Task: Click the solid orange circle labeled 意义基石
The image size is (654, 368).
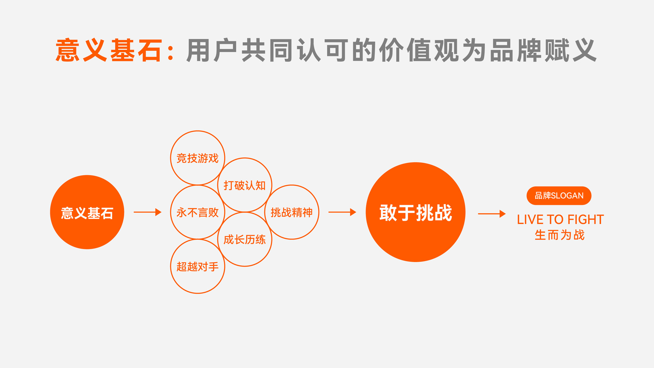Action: pos(87,212)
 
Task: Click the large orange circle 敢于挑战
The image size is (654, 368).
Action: pos(415,212)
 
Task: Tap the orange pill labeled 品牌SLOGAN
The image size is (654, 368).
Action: pos(559,196)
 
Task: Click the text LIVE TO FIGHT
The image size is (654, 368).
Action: pos(560,219)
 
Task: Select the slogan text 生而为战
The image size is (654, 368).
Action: pos(559,235)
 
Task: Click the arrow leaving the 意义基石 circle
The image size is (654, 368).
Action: pos(147,212)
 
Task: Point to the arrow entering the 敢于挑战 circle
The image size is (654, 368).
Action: pos(342,212)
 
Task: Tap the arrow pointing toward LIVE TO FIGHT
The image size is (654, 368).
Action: pos(492,214)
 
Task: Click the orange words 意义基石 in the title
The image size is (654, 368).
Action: pos(109,50)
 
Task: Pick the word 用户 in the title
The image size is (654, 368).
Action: pos(212,50)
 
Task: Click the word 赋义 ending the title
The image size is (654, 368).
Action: pos(571,50)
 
